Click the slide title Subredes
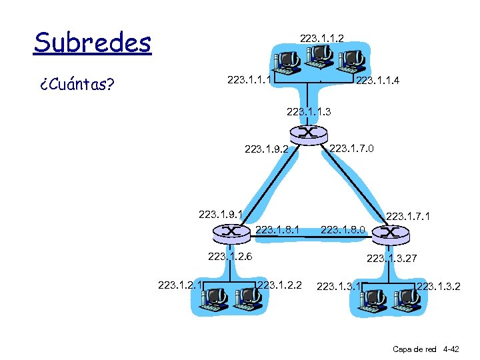pyautogui.click(x=93, y=43)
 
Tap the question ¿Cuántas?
pyautogui.click(x=77, y=85)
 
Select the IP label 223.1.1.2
pyautogui.click(x=322, y=39)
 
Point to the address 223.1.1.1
pyautogui.click(x=249, y=79)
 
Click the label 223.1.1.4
pyautogui.click(x=378, y=81)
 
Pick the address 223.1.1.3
pyautogui.click(x=308, y=111)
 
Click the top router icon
pyautogui.click(x=308, y=133)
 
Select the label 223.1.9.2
pyautogui.click(x=267, y=149)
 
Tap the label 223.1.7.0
pyautogui.click(x=352, y=147)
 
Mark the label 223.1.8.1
pyautogui.click(x=277, y=230)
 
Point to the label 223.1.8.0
pyautogui.click(x=343, y=230)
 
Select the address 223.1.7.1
pyautogui.click(x=408, y=216)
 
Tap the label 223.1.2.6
pyautogui.click(x=230, y=255)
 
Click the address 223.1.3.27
pyautogui.click(x=391, y=258)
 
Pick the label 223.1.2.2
pyautogui.click(x=279, y=285)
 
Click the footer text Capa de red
pyautogui.click(x=415, y=349)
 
